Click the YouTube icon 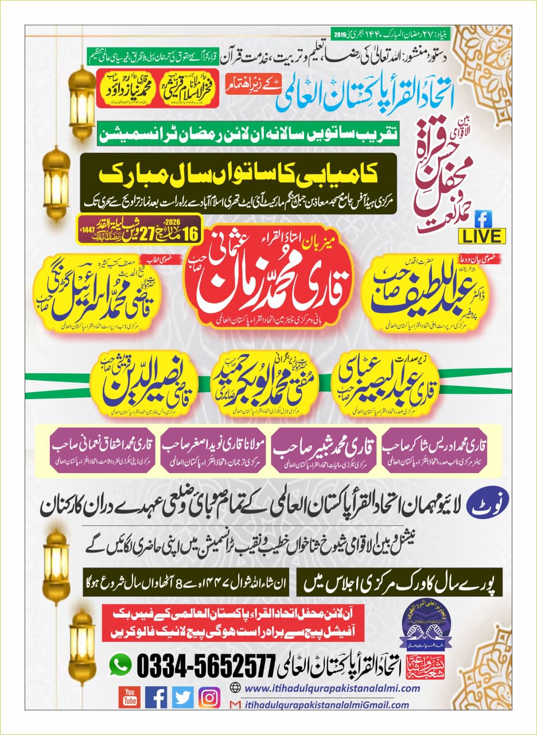click(x=130, y=697)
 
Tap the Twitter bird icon click(x=183, y=697)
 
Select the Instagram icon click(x=209, y=697)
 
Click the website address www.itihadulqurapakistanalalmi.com click(x=326, y=688)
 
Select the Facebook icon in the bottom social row click(x=156, y=697)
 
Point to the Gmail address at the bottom click(x=325, y=705)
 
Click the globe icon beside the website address click(x=234, y=688)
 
